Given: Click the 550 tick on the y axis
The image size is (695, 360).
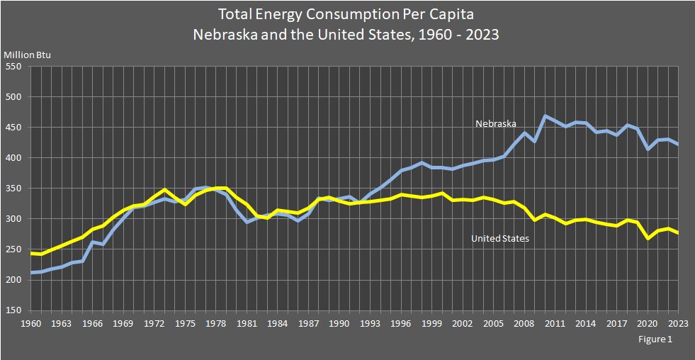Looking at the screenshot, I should [15, 67].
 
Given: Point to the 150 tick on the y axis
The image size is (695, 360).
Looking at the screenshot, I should [15, 310].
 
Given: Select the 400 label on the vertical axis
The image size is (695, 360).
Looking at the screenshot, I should [15, 158].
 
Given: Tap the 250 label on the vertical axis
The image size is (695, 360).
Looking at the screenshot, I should [15, 249].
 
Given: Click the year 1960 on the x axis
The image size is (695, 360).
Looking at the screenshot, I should [30, 324].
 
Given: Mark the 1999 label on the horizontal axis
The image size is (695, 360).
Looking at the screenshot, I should [431, 324].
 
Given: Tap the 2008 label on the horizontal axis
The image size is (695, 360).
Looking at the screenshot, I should [524, 324].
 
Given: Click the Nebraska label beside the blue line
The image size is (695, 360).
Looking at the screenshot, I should [495, 124].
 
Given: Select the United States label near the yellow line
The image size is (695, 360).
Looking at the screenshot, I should [499, 239].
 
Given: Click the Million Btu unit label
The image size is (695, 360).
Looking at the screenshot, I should [28, 55].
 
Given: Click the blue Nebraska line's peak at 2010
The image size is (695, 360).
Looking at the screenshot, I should [545, 116].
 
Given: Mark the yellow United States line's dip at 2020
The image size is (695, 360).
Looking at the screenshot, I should [648, 238].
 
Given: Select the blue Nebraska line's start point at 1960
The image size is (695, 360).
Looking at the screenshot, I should [30, 273].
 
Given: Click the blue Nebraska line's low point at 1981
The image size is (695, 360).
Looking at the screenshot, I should [247, 222].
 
